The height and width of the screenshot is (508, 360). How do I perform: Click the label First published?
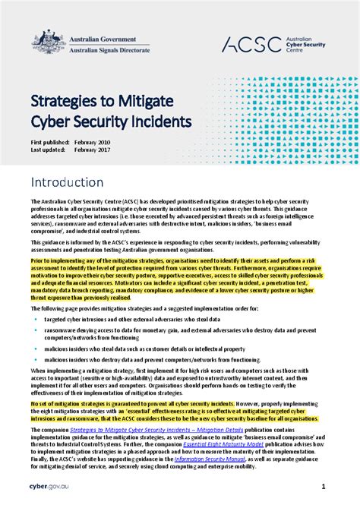click(x=50, y=142)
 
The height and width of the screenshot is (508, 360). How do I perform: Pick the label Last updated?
click(x=48, y=150)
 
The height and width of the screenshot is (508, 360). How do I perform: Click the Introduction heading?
click(x=73, y=183)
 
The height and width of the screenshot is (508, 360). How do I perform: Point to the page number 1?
click(x=324, y=486)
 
